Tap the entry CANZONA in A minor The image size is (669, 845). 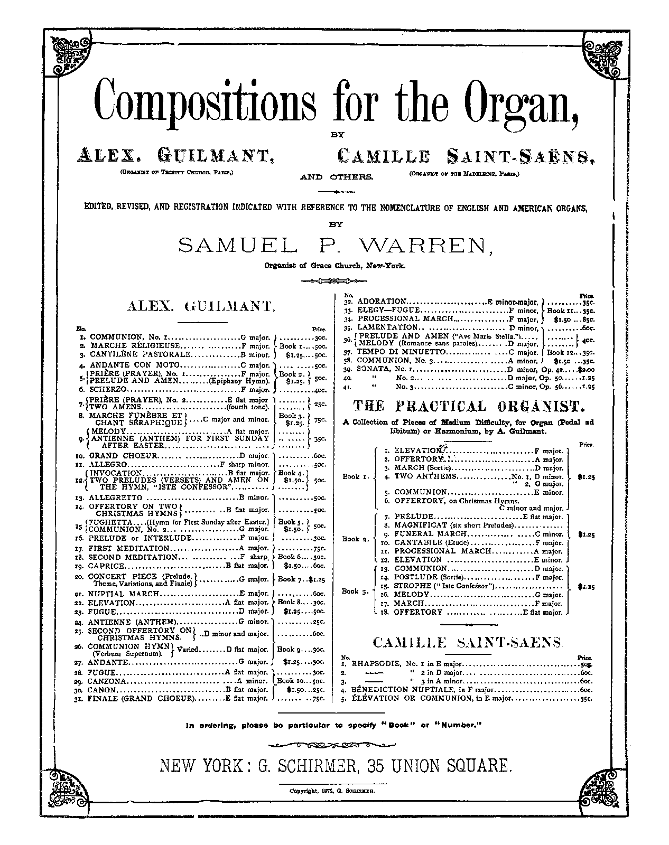coord(108,681)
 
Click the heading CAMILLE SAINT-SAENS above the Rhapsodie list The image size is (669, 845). coord(467,642)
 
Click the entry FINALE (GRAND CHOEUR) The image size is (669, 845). coord(142,698)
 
